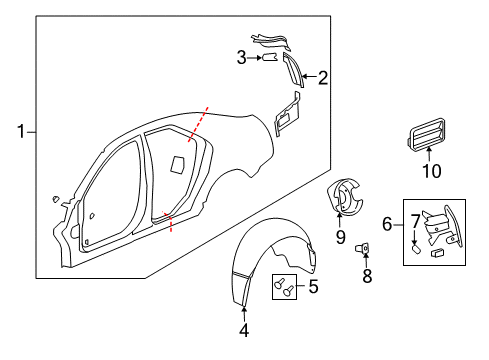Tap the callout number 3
(241, 58)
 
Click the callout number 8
(367, 275)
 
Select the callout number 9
(340, 236)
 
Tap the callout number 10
(430, 172)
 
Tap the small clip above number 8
(367, 249)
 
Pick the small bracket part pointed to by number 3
(269, 58)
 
